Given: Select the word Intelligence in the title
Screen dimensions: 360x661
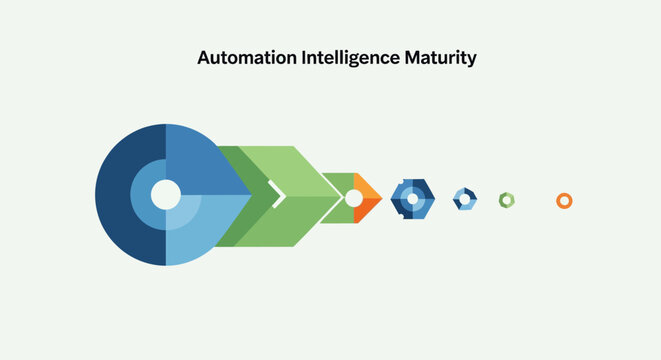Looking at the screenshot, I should click(349, 58).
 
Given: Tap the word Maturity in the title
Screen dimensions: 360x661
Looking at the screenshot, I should click(440, 58).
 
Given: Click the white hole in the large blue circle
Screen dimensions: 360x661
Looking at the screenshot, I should click(165, 194).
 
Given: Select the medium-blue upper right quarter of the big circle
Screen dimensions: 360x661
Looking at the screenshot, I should click(200, 160).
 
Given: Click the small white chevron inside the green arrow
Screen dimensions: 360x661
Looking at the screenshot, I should click(278, 195).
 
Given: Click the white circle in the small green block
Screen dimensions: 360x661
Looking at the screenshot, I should click(353, 198).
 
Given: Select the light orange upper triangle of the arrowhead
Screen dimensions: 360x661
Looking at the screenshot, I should click(367, 188).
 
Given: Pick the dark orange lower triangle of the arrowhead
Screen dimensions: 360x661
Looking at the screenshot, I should click(367, 208).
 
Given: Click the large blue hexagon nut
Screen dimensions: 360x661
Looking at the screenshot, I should click(397, 199).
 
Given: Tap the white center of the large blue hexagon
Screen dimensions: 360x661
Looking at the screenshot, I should click(411, 199).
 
